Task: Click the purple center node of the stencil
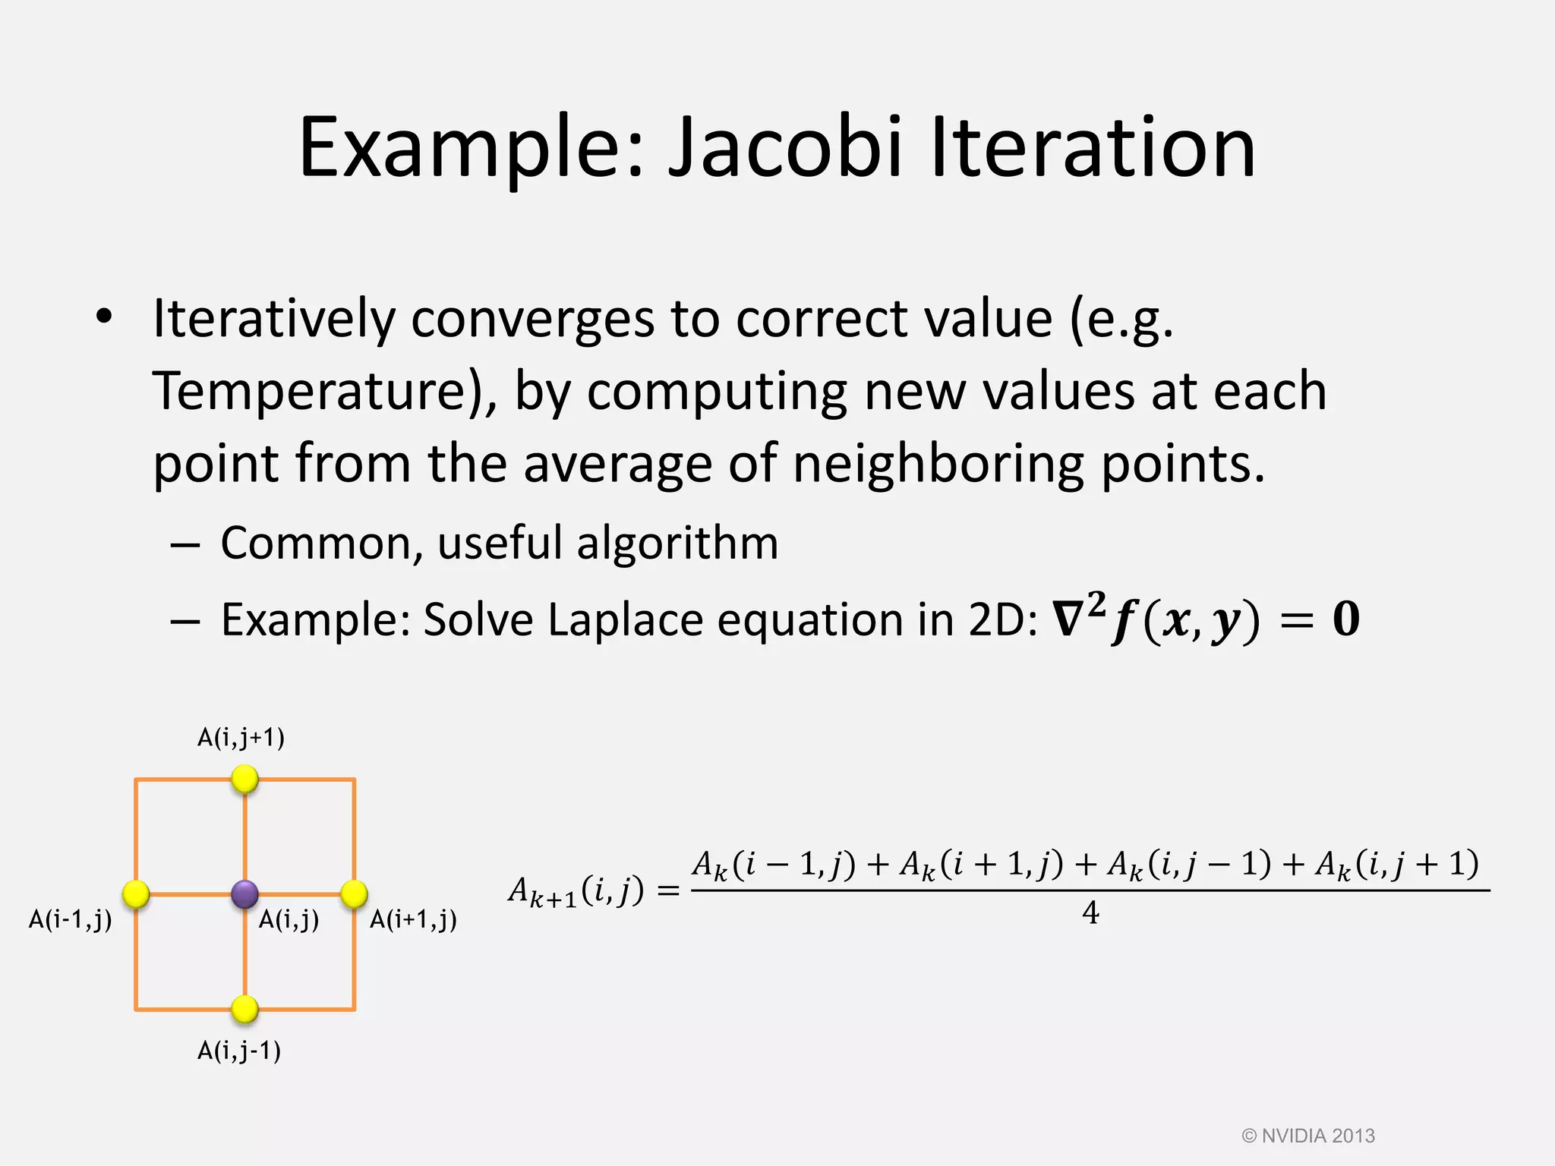[x=244, y=894]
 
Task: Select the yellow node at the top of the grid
[x=244, y=779]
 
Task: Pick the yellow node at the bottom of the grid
[x=244, y=1009]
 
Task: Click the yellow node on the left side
[x=136, y=894]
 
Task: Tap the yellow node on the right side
[x=354, y=894]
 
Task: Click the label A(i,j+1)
[x=241, y=738]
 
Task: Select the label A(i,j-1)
[x=239, y=1051]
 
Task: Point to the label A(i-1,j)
[x=70, y=920]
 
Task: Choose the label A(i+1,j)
[x=413, y=920]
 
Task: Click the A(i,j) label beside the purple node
[x=289, y=920]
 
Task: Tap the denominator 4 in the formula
[x=1090, y=913]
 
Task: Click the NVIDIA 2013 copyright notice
[x=1307, y=1136]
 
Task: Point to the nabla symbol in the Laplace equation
[x=1068, y=620]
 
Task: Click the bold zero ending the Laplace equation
[x=1345, y=620]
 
